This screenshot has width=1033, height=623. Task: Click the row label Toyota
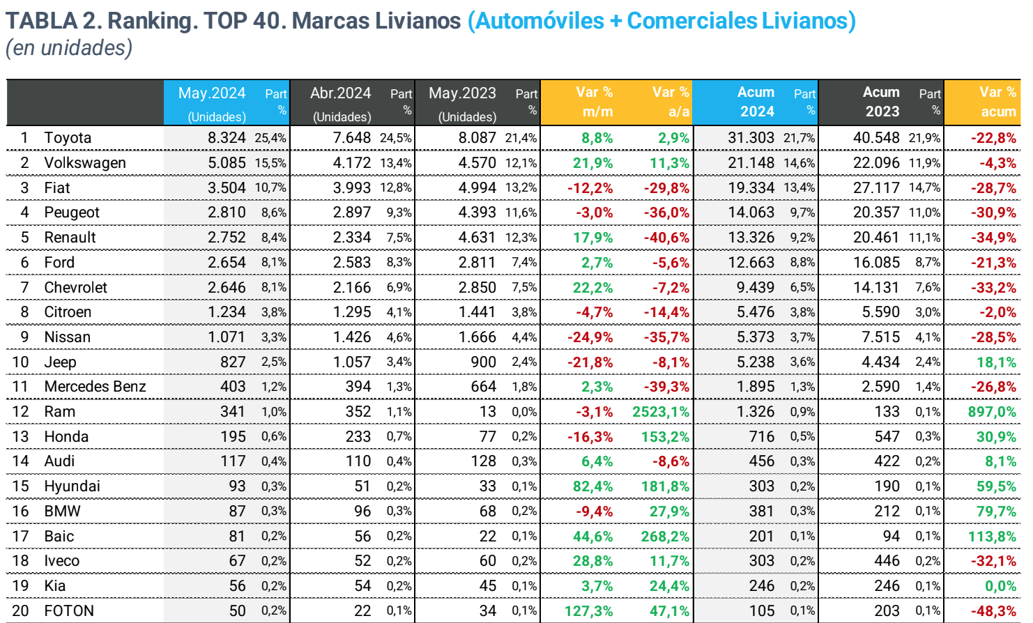[68, 138]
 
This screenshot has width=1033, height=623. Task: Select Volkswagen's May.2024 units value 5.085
[227, 163]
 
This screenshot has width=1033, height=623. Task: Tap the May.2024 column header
[212, 93]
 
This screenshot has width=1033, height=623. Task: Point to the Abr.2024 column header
[340, 93]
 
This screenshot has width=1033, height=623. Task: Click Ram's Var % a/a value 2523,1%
[660, 412]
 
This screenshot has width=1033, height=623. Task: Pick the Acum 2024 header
[756, 102]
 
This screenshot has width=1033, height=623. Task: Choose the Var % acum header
[997, 102]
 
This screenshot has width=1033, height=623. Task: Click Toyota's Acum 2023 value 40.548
[876, 138]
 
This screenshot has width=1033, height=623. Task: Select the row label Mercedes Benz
[95, 387]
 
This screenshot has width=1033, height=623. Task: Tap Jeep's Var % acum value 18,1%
[996, 362]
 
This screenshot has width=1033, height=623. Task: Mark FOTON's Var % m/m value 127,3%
[588, 611]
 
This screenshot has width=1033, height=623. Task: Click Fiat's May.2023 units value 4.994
[477, 188]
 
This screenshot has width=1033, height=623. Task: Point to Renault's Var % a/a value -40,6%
[666, 238]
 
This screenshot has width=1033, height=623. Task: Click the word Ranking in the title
[152, 21]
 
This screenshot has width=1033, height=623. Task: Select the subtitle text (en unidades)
[69, 48]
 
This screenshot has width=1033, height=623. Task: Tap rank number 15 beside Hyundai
[21, 486]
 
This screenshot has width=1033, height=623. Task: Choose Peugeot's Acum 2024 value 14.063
[751, 213]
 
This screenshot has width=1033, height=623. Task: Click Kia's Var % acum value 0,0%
[1000, 586]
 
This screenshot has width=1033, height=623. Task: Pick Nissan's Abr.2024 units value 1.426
[352, 337]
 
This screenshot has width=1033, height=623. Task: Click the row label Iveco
[61, 561]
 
